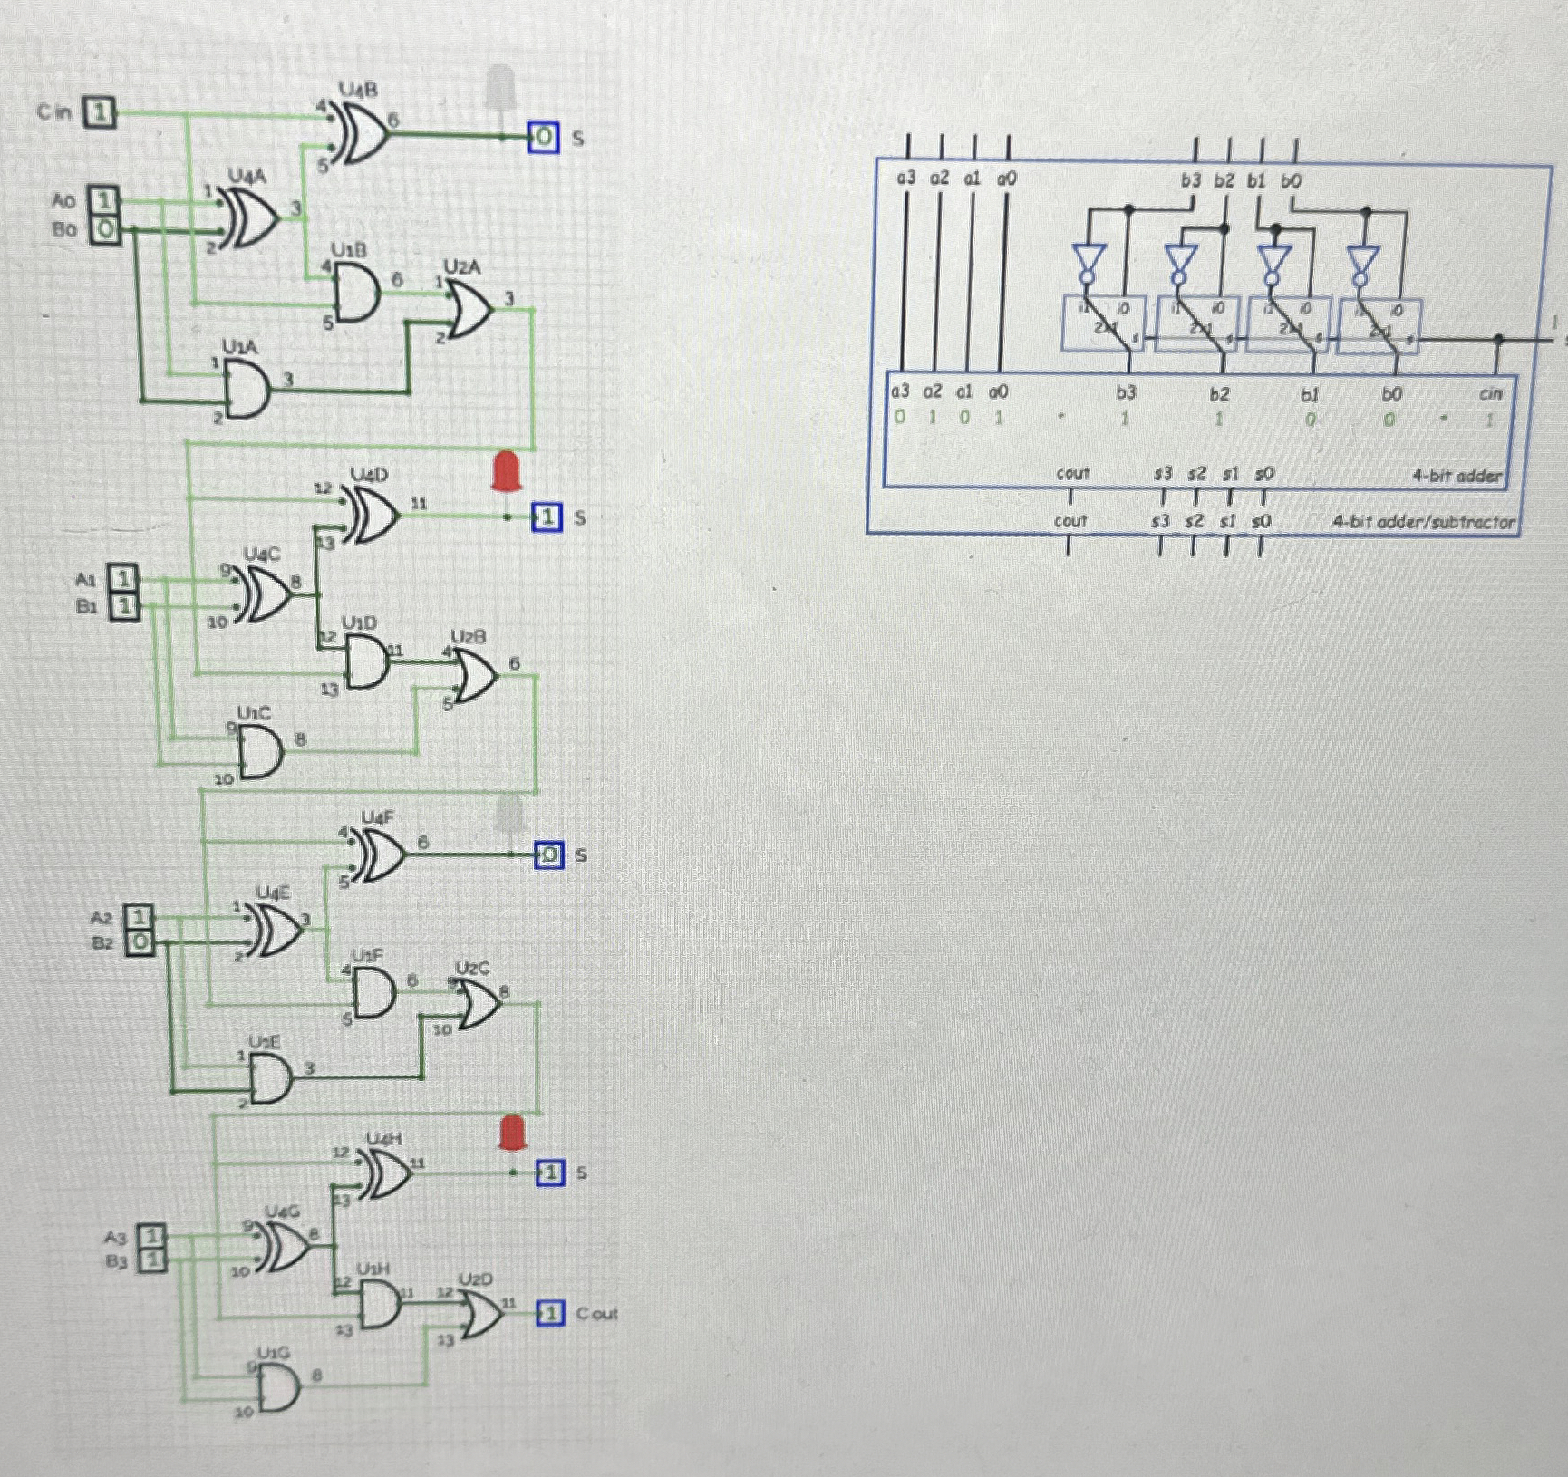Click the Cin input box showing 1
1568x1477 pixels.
[101, 112]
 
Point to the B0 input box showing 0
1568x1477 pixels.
[104, 229]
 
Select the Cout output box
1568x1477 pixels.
[550, 1313]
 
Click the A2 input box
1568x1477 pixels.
[138, 918]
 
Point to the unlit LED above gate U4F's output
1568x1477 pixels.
[510, 816]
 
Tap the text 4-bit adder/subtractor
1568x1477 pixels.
[1423, 522]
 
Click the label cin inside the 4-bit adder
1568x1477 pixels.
[1490, 393]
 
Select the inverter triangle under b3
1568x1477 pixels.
[1088, 257]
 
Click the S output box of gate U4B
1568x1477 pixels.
[543, 138]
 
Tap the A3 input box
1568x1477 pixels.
[151, 1236]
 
